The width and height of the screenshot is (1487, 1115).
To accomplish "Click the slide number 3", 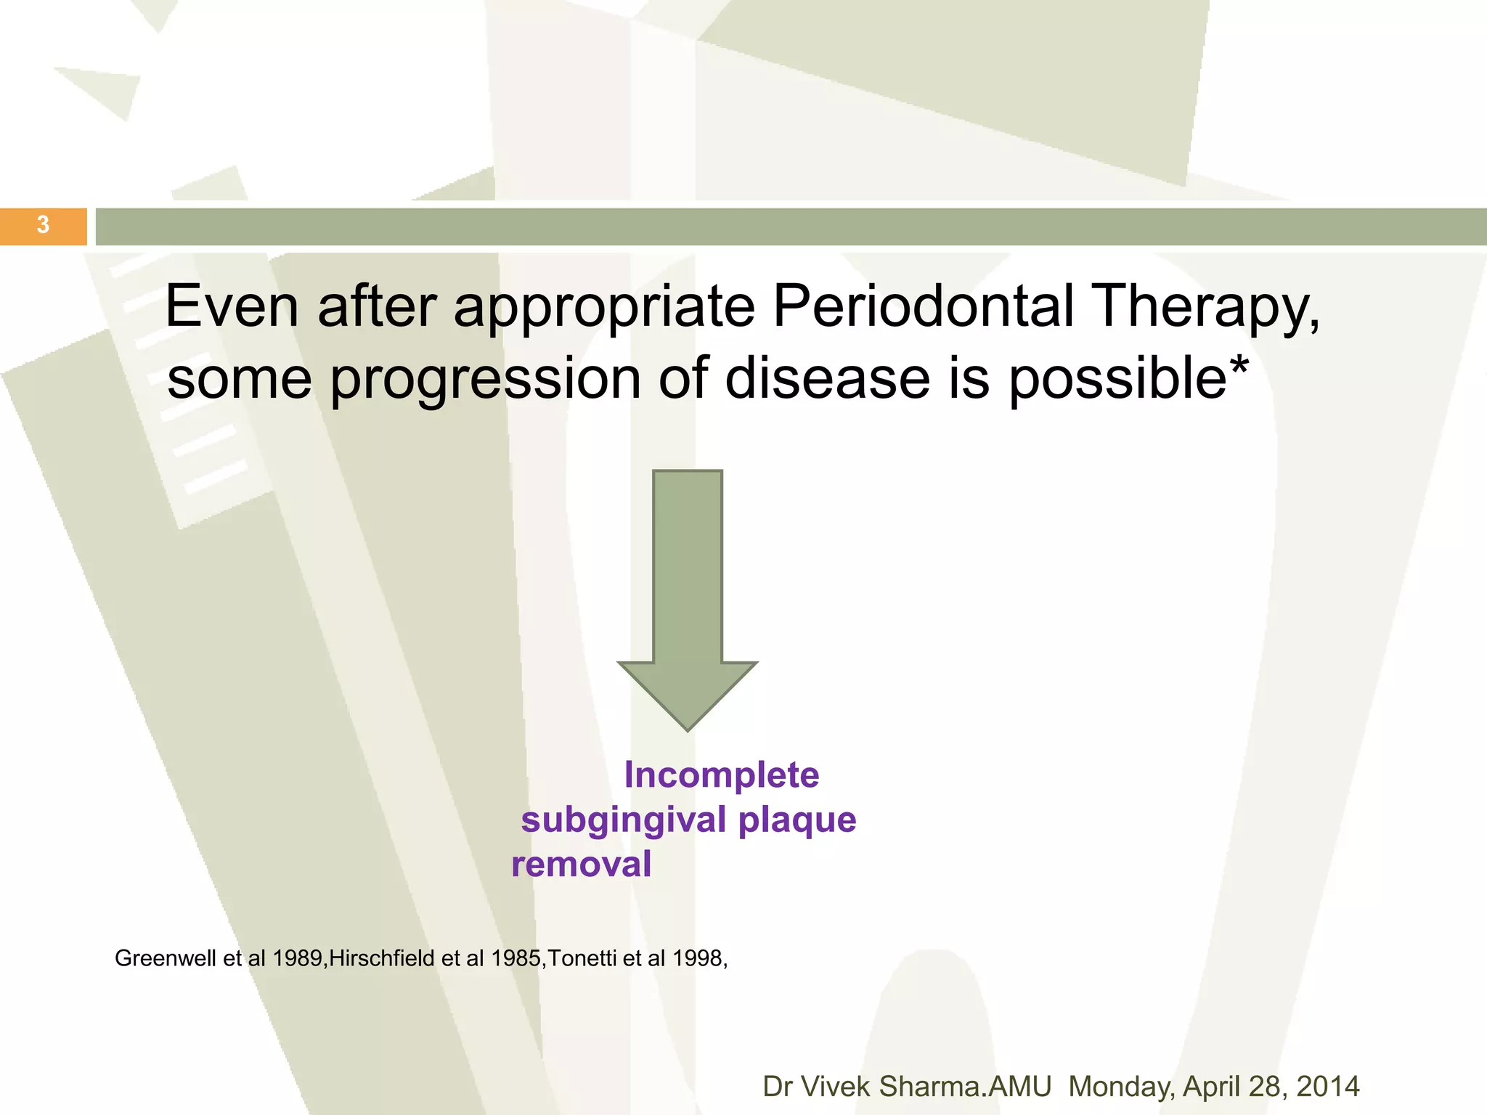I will (43, 225).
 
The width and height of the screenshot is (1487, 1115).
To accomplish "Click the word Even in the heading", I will (232, 306).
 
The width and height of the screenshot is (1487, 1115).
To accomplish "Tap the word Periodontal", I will (922, 306).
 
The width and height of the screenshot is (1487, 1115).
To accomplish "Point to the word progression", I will (485, 380).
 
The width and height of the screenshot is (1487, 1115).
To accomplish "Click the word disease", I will (827, 379).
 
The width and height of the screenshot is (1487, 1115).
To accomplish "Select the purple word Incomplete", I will (721, 775).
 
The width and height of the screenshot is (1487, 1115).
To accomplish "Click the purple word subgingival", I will (624, 821).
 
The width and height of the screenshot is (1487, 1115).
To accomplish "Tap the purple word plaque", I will (797, 821).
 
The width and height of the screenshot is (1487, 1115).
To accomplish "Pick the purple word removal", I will (581, 865).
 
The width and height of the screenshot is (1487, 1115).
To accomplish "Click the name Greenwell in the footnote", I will (166, 958).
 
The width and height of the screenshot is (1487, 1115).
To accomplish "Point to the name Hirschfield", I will (383, 958).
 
